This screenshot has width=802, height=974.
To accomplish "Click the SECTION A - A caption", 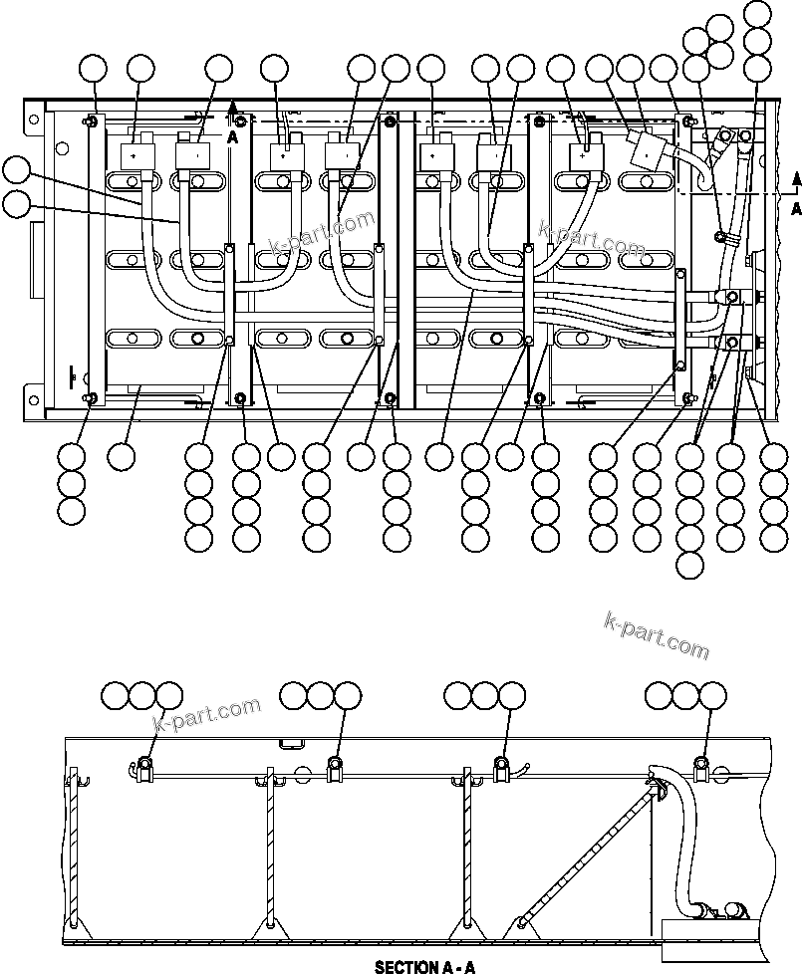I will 424,966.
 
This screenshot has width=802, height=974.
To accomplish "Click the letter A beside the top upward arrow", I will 232,138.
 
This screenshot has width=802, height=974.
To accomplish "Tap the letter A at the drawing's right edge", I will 794,209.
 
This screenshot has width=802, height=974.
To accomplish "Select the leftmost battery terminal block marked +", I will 134,156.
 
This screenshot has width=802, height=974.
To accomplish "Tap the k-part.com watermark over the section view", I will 206,714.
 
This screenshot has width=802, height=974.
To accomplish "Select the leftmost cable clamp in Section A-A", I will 144,766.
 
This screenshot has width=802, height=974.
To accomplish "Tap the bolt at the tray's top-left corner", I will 91,122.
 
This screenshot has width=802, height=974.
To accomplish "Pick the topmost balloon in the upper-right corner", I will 758,14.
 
